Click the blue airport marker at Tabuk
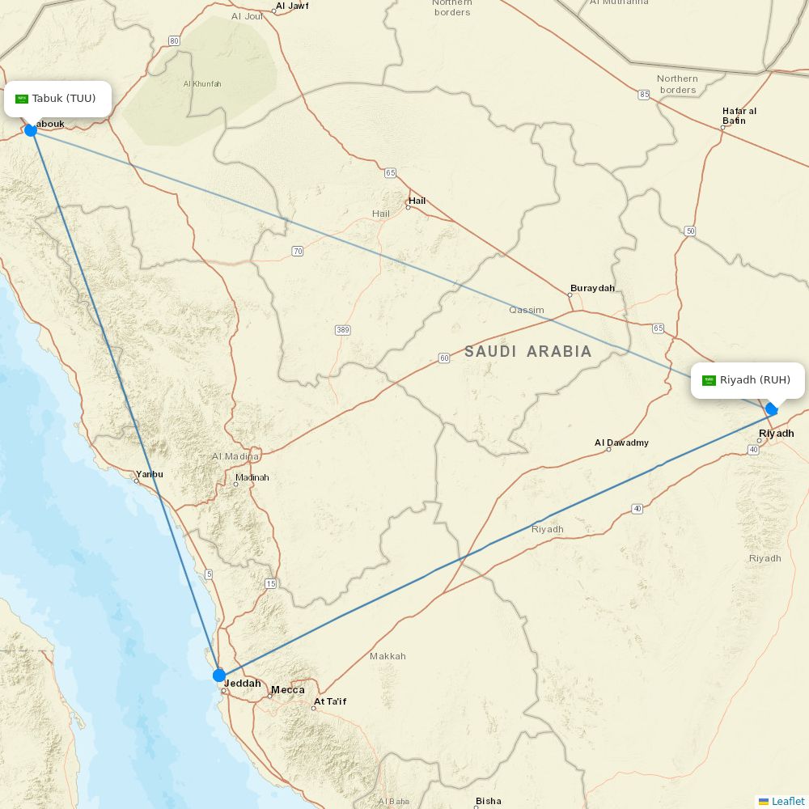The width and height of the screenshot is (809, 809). click(x=31, y=129)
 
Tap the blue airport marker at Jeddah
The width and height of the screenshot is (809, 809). click(x=219, y=675)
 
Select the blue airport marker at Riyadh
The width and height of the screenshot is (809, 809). click(x=772, y=409)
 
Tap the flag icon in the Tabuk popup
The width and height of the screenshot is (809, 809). click(x=22, y=99)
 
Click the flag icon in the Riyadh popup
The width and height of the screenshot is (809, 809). click(x=709, y=380)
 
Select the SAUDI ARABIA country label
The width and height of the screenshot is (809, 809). click(x=527, y=351)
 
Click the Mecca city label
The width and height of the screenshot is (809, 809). click(x=288, y=690)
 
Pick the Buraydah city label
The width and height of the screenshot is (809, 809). click(x=592, y=288)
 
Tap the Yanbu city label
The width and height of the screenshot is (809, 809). click(x=150, y=474)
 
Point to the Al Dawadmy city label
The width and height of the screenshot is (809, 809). click(x=621, y=443)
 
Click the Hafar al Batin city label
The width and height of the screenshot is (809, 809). click(x=739, y=116)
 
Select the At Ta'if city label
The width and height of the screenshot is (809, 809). click(x=330, y=701)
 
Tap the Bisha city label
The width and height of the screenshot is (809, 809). click(x=488, y=801)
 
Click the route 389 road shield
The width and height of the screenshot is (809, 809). click(x=342, y=330)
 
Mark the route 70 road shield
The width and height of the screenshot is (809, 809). click(x=298, y=252)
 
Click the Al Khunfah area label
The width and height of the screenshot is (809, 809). click(x=202, y=84)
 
